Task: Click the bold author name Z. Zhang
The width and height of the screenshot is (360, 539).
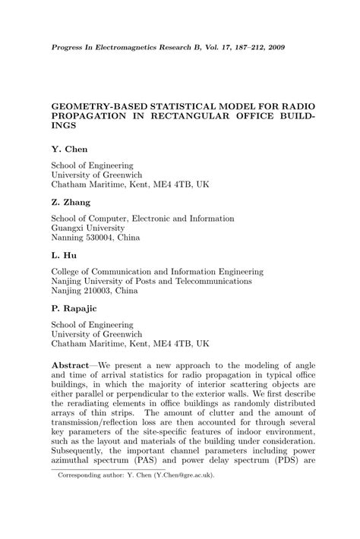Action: point(71,203)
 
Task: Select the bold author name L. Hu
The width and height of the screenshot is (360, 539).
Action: point(64,256)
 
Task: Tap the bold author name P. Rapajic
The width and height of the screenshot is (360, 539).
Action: point(74,309)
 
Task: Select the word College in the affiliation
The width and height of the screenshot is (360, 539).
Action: point(67,270)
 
